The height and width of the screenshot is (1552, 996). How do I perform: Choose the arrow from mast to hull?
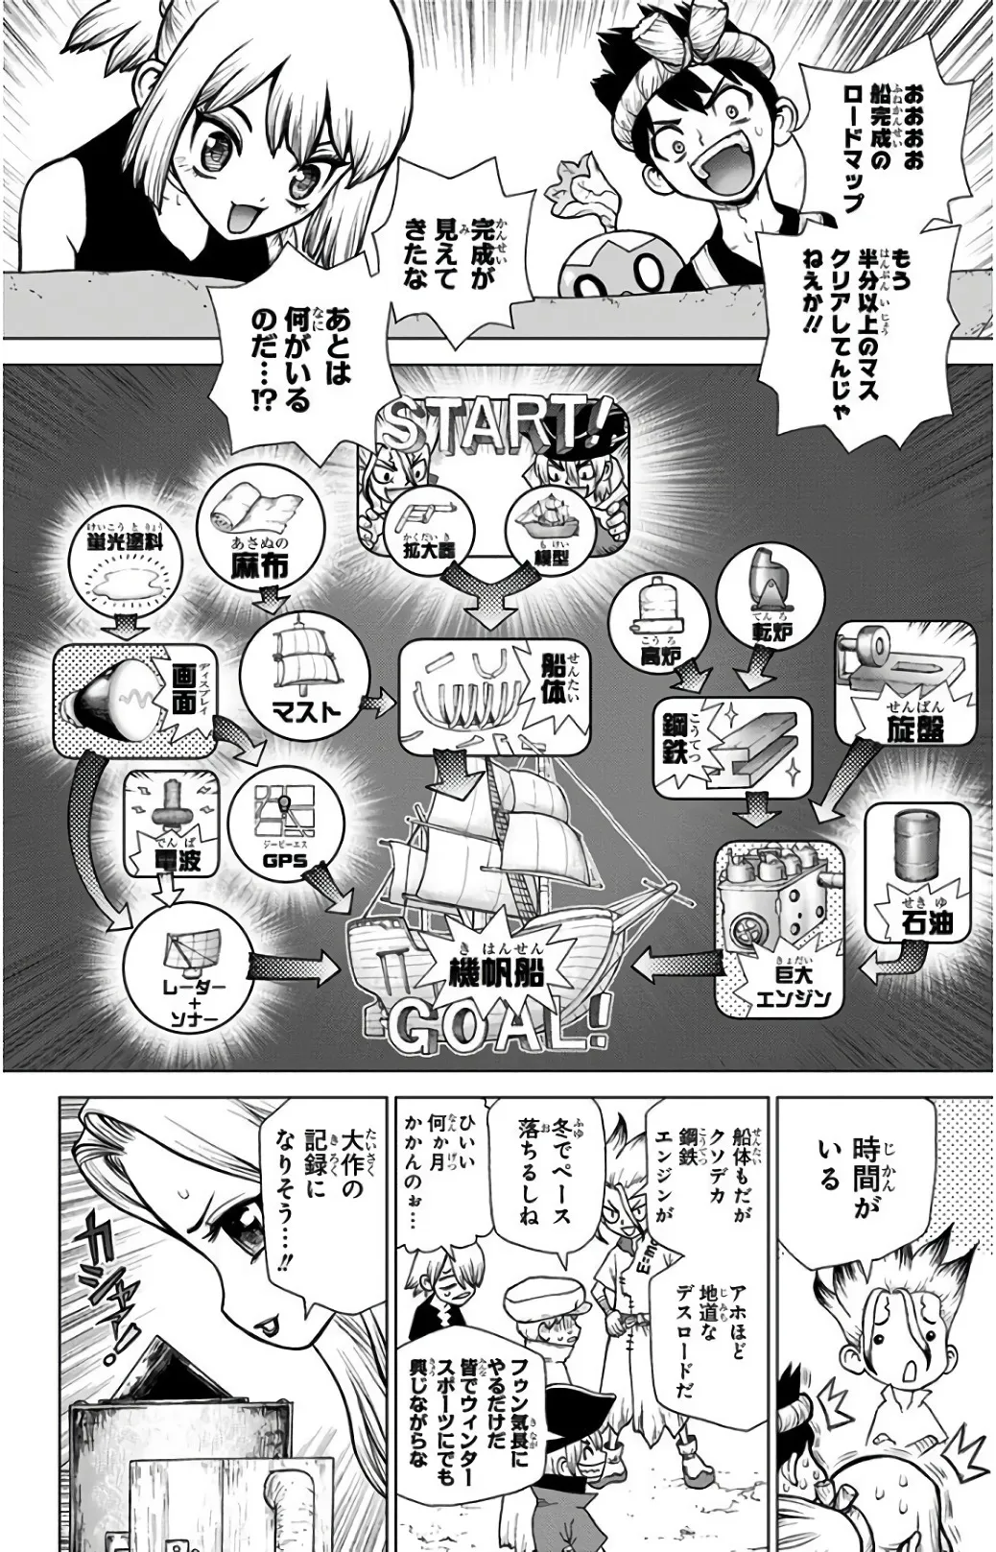tap(378, 703)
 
